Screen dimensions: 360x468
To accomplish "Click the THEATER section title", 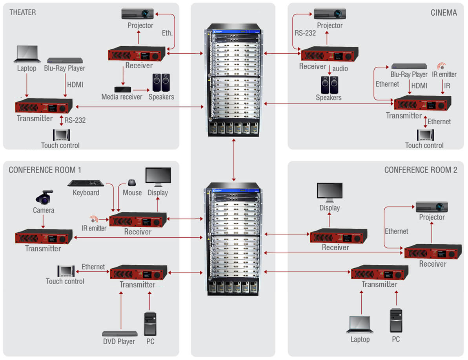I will coord(22,12).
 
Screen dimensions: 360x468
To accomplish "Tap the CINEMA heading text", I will coord(444,13).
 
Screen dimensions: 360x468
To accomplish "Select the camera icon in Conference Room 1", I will coord(44,197).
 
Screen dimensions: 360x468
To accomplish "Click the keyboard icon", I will coord(86,183).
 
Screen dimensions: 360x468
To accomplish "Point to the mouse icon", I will coord(132,183).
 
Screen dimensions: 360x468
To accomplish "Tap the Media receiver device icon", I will coord(123,89).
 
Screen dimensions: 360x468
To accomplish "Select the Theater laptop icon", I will coord(27,55).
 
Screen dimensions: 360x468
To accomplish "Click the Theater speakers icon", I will coord(161,82).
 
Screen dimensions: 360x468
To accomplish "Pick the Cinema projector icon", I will coord(330,14).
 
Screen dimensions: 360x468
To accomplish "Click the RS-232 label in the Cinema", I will coord(305,33).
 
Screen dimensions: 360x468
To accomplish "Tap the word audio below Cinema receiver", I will coord(340,69).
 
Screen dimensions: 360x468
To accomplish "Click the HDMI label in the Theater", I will coord(75,84).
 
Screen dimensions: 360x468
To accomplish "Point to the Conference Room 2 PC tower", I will coord(396,321).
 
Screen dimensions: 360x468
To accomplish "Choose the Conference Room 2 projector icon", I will coord(432,207).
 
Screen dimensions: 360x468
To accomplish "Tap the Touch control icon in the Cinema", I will coord(425,135).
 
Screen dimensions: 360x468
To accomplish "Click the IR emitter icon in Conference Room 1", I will coord(93,219).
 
